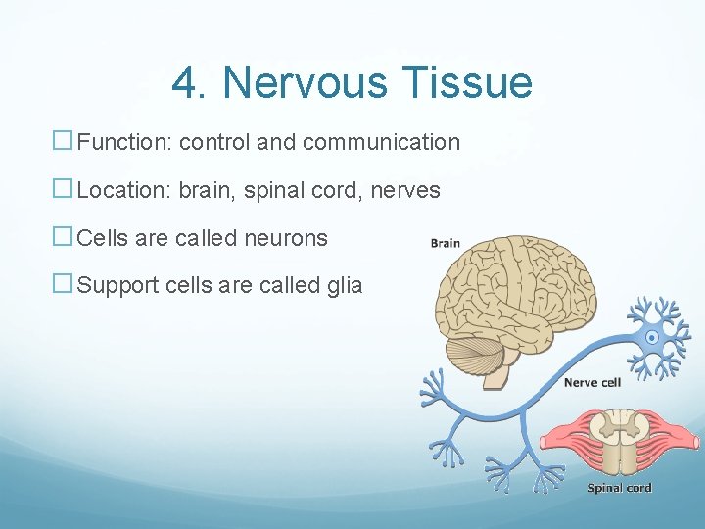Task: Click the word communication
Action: point(381,142)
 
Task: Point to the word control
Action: point(214,142)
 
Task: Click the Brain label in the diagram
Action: point(446,243)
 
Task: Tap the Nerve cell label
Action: point(591,383)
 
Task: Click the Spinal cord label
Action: point(619,488)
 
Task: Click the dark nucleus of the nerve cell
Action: point(652,339)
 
